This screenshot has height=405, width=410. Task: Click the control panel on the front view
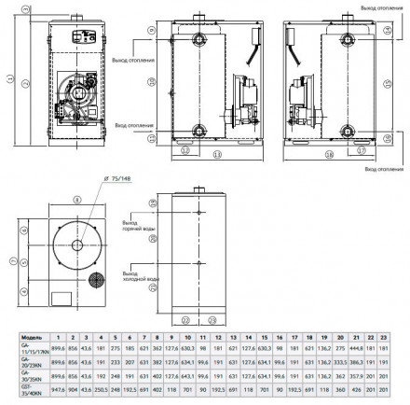click(x=79, y=35)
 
